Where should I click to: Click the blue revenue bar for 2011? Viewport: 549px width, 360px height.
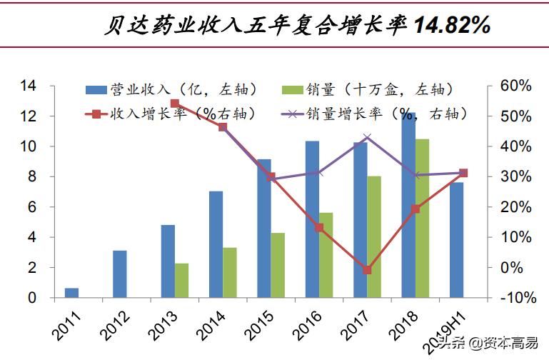click(x=71, y=293)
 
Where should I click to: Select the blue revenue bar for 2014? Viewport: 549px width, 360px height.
click(x=216, y=244)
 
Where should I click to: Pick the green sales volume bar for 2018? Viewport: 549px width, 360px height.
click(x=422, y=219)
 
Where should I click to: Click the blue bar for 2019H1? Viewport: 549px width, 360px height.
click(x=457, y=240)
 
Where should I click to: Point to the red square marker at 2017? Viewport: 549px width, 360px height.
click(x=367, y=270)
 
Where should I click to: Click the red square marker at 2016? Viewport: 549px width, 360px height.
click(x=319, y=228)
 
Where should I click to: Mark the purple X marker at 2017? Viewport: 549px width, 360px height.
click(x=367, y=138)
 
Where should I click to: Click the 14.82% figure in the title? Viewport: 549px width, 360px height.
click(x=452, y=26)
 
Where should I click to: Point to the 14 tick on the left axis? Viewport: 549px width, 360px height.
click(x=28, y=86)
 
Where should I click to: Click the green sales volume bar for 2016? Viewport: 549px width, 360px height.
click(x=326, y=255)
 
